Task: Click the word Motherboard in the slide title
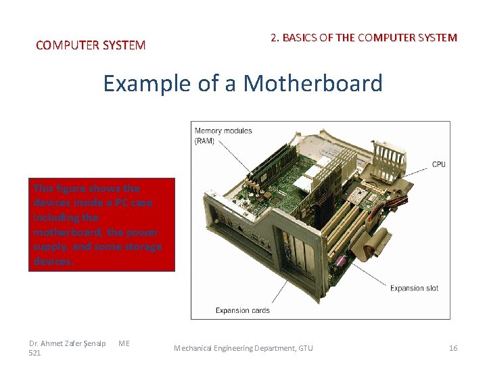[312, 84]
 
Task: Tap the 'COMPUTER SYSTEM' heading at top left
[90, 45]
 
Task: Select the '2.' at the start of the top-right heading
[275, 38]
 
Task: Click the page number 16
[453, 348]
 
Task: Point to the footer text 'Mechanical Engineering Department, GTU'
[243, 348]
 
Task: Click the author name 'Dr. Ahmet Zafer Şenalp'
[68, 343]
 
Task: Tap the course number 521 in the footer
[35, 353]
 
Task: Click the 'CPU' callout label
[438, 164]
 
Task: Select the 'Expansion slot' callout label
[414, 288]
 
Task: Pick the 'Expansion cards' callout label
[242, 310]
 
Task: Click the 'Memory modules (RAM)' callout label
[223, 136]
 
